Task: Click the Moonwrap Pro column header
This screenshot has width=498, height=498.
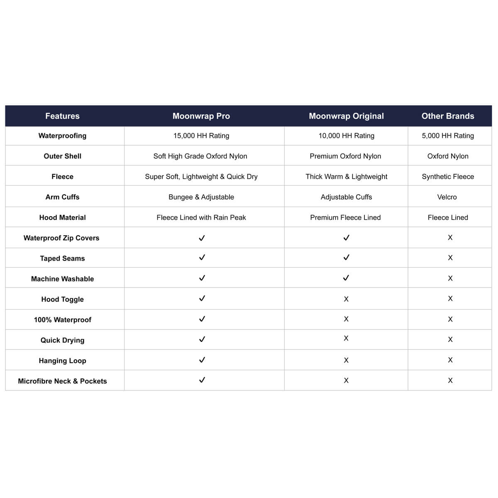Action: click(201, 116)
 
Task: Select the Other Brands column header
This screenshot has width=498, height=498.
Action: click(448, 116)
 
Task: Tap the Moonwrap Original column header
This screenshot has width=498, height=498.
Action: click(346, 116)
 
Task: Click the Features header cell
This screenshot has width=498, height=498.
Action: click(62, 116)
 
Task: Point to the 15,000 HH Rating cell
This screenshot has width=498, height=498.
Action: click(201, 136)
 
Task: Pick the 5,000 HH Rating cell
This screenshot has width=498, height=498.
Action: click(448, 136)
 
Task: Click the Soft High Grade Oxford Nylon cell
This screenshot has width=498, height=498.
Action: click(200, 156)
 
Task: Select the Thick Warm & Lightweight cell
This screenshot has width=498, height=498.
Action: click(346, 176)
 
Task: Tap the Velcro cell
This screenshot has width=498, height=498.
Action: click(447, 197)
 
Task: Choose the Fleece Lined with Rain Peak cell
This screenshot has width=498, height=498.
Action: click(201, 217)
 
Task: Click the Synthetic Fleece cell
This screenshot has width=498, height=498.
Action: click(448, 176)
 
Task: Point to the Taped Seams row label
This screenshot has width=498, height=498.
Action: click(62, 259)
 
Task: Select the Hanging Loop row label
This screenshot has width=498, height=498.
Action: click(62, 361)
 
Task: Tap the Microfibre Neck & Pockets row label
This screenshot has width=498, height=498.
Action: click(62, 381)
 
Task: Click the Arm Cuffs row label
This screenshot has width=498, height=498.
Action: click(62, 197)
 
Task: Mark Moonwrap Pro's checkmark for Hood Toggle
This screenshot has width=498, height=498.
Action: click(202, 298)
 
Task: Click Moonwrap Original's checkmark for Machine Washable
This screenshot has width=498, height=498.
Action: click(346, 278)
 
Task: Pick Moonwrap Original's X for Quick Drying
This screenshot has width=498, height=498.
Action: click(346, 339)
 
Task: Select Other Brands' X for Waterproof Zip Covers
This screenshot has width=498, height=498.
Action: click(450, 238)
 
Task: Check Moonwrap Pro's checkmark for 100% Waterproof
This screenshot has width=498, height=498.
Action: click(202, 319)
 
